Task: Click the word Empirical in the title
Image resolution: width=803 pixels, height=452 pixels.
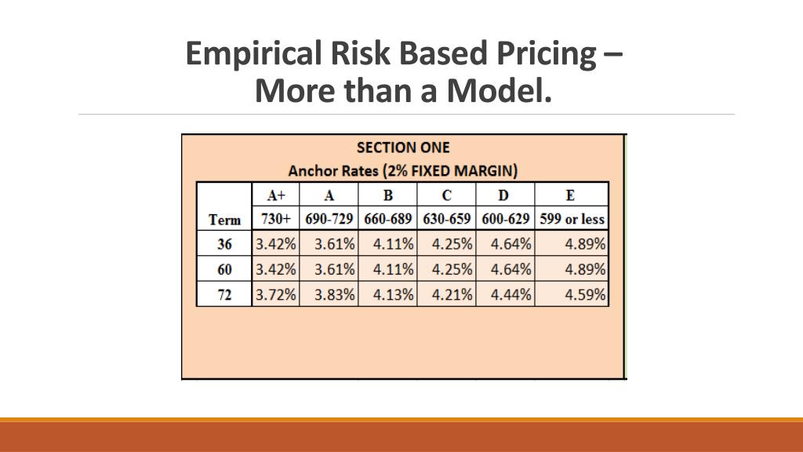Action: click(x=244, y=53)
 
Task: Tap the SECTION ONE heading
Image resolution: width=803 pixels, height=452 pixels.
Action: click(x=403, y=148)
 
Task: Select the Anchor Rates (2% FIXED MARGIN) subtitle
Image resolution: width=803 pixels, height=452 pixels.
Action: click(x=403, y=170)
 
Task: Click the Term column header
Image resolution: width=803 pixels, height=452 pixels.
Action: click(x=224, y=219)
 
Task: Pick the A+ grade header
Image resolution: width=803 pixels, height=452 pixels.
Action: click(x=275, y=195)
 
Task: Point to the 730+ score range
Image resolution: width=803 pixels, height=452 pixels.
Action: click(x=275, y=219)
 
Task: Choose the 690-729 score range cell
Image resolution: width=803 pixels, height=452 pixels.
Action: click(x=329, y=219)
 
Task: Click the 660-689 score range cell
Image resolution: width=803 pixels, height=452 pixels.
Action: click(x=388, y=219)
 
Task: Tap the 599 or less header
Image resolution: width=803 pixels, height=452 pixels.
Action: click(x=572, y=219)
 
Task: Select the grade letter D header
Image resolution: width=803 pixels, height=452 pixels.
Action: click(x=506, y=195)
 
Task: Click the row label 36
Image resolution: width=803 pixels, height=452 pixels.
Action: click(x=224, y=244)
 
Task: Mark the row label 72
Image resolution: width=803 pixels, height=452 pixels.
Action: click(x=224, y=295)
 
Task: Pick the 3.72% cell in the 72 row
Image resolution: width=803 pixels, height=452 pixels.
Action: click(x=276, y=295)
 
